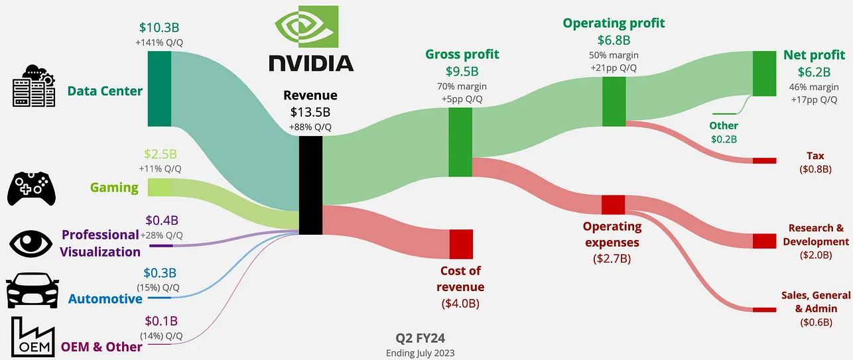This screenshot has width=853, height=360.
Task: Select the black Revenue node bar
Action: pos(310,185)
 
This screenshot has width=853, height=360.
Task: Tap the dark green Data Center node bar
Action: pos(159,88)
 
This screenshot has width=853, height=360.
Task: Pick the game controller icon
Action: pos(31,188)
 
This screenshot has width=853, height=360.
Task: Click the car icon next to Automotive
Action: pos(31,290)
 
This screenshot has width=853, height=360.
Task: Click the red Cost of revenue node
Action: pos(460,243)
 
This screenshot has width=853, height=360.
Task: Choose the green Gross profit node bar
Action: pos(460,142)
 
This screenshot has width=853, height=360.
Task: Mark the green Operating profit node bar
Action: pos(614,101)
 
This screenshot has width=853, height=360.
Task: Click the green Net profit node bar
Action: pos(764,74)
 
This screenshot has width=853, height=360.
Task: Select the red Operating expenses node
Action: pos(614,204)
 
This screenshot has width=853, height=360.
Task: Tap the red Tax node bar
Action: pos(764,160)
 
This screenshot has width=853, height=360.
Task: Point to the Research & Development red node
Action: pos(764,241)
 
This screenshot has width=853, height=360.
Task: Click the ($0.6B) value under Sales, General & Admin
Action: pos(815,322)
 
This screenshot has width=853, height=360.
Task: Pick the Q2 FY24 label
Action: pos(420,339)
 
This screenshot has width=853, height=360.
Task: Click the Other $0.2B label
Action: pos(723,132)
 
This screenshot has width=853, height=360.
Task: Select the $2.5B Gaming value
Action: pos(161,154)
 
